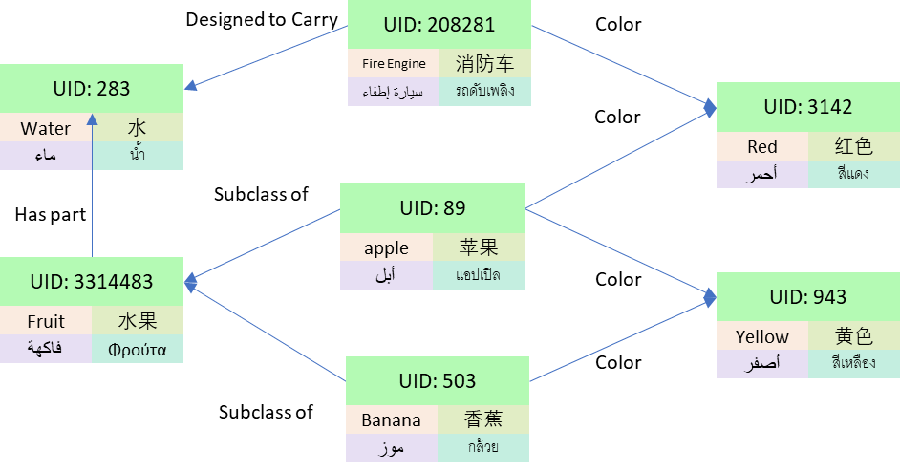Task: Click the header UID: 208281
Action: click(x=439, y=25)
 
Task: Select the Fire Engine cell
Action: click(x=394, y=64)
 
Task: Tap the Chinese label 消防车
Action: click(x=484, y=64)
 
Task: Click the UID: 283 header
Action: click(x=92, y=89)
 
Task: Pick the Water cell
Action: click(x=46, y=128)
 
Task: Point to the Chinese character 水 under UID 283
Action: click(x=138, y=128)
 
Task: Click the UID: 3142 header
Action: click(x=808, y=107)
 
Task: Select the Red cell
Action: click(x=762, y=146)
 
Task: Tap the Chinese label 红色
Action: click(x=853, y=146)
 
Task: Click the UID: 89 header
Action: click(x=433, y=208)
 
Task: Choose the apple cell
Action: click(x=386, y=247)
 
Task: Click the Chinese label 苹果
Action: click(x=479, y=247)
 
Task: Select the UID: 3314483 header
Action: click(x=92, y=282)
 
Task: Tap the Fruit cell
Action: click(x=46, y=321)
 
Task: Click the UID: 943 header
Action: click(x=808, y=297)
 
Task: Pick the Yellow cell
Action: click(x=762, y=336)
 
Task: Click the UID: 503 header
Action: click(x=438, y=381)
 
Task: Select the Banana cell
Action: click(x=391, y=420)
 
